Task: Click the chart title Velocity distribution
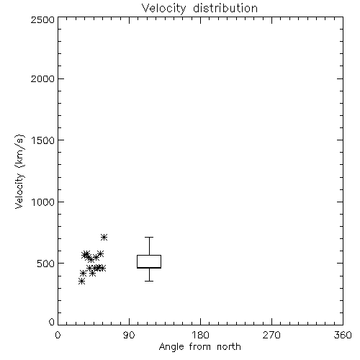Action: click(199, 8)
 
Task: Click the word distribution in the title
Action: click(225, 8)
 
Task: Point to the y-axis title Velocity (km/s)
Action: click(19, 171)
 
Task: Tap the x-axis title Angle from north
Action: click(199, 347)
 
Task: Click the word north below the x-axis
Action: click(229, 347)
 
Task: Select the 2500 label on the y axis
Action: click(42, 19)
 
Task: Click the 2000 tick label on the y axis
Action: click(42, 78)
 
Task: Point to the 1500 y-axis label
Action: click(43, 140)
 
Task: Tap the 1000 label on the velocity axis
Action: click(43, 202)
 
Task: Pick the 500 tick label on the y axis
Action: click(46, 264)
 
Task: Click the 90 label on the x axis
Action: click(129, 335)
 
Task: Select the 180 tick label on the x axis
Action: click(200, 335)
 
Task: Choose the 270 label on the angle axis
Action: click(271, 335)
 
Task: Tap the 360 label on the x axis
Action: click(343, 335)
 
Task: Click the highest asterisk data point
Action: click(104, 238)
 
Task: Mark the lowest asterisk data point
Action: click(81, 282)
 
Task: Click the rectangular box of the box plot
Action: click(149, 256)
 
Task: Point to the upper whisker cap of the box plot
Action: click(149, 237)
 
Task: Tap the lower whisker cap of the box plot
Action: click(149, 281)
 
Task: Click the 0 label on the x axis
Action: click(58, 335)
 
